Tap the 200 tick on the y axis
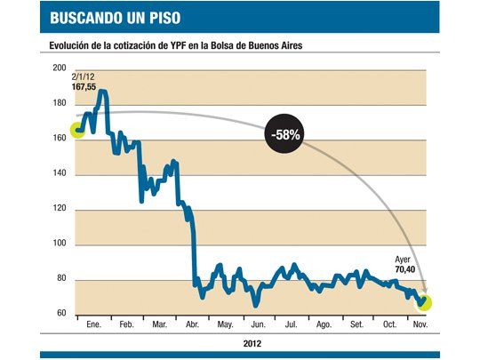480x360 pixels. point(60,68)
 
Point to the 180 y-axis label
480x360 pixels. point(60,103)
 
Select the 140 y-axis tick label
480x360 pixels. point(60,173)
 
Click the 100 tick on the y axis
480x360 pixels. point(60,244)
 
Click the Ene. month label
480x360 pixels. point(92,325)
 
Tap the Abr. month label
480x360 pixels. point(191,325)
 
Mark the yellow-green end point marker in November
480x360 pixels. point(424,302)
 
